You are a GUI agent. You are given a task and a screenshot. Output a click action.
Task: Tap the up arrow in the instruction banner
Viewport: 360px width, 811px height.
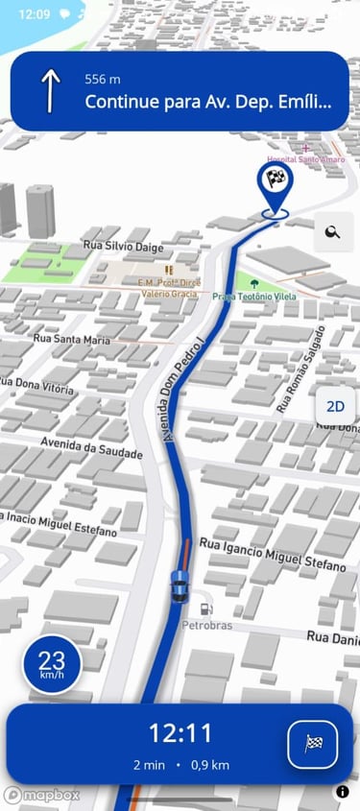[50, 90]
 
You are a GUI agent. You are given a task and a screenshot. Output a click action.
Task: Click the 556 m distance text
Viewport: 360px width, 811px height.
[104, 79]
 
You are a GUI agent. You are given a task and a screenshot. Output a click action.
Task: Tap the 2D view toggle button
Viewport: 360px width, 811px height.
[335, 406]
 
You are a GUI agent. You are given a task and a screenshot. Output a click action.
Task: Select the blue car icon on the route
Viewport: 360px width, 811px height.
[179, 584]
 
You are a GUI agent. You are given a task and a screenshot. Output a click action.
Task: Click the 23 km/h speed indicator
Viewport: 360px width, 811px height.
[52, 665]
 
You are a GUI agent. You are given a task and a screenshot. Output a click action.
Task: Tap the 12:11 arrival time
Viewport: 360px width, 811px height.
[180, 734]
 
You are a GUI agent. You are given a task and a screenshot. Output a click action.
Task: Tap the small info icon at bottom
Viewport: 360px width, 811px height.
[343, 792]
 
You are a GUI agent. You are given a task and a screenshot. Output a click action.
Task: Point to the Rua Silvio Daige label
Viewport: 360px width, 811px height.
[123, 246]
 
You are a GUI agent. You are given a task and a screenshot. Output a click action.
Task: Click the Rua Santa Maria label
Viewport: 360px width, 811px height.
[72, 339]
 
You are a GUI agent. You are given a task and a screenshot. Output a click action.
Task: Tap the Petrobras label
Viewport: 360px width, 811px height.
[207, 626]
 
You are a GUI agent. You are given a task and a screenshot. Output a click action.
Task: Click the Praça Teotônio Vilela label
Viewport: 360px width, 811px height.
[254, 297]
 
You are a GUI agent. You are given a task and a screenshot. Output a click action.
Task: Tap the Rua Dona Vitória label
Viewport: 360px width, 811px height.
[36, 387]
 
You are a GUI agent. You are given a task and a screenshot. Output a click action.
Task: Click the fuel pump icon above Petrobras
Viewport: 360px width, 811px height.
[204, 608]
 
